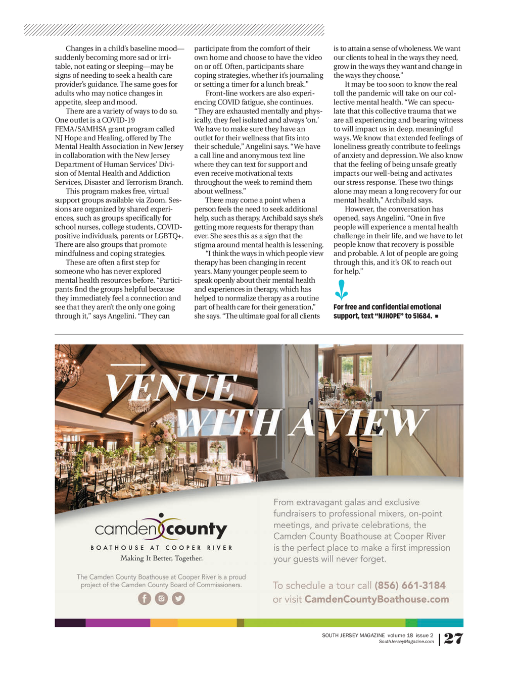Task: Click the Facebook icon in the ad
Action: click(145, 599)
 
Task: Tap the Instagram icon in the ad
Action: click(161, 599)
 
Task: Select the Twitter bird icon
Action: click(178, 599)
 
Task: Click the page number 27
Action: click(453, 639)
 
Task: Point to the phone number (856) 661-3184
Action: click(410, 586)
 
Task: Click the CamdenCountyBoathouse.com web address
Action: click(376, 600)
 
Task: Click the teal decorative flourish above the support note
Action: click(342, 290)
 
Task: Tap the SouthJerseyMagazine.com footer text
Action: click(406, 642)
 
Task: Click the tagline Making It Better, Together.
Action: click(162, 558)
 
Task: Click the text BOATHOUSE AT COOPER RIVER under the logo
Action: click(162, 548)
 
